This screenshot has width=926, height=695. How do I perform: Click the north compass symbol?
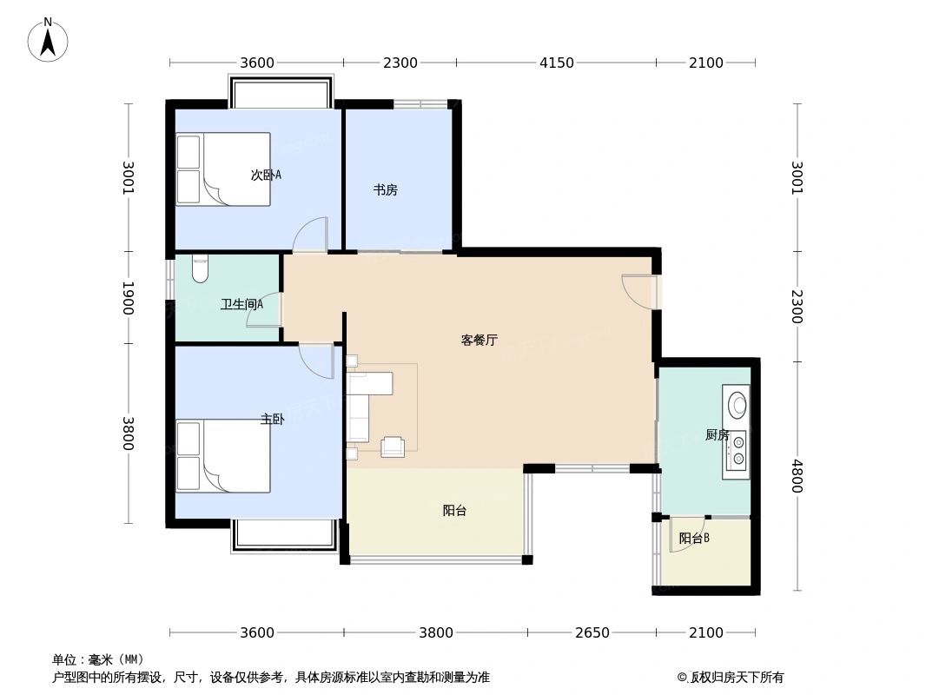point(49,40)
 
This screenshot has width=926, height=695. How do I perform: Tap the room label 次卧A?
point(266,175)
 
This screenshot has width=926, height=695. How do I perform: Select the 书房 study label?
point(386,189)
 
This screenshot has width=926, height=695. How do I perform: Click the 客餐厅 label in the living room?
point(479,341)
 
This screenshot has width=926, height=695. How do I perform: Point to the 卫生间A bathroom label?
point(241,304)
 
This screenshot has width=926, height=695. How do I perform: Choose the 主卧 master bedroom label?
point(272,419)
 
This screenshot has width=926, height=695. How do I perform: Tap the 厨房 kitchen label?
point(717,434)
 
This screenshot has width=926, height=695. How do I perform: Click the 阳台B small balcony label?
point(694,538)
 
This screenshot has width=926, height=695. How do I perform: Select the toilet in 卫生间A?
point(201,268)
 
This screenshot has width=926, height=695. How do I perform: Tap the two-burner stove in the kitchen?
point(737,450)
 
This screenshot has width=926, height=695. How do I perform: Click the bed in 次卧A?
point(223,169)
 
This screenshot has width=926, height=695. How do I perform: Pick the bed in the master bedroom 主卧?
point(223,456)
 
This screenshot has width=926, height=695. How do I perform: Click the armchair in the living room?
point(393,447)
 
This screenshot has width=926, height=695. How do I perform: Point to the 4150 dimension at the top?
point(556,63)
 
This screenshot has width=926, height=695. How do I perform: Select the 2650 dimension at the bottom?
point(592,632)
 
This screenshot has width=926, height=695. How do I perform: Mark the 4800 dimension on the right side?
point(796,476)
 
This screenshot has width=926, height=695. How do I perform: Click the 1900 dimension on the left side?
point(129,298)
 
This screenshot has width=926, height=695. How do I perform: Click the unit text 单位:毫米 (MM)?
point(98,659)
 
